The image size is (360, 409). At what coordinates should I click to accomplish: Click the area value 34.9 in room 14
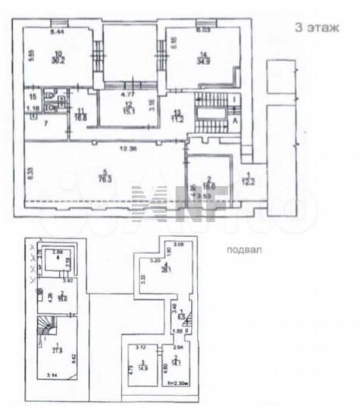(202, 60)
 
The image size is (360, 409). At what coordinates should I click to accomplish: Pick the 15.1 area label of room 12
(128, 111)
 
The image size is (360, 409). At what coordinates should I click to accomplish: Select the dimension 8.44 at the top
(56, 33)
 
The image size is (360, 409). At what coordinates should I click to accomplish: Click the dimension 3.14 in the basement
(51, 375)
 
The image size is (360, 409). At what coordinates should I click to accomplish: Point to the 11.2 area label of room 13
(177, 119)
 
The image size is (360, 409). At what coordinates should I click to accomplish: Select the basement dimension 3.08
(179, 245)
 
